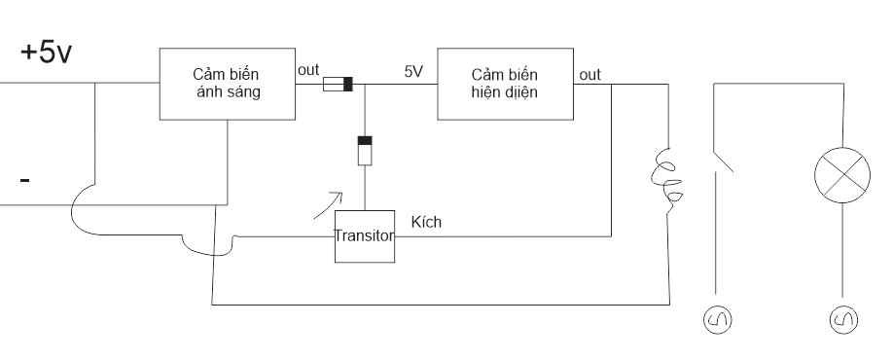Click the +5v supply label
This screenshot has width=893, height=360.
(x=46, y=53)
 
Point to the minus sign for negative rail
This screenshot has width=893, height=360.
(x=24, y=181)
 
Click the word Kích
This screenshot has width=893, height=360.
(x=426, y=222)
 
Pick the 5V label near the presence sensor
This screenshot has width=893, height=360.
(x=414, y=71)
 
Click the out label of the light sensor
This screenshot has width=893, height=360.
(x=308, y=70)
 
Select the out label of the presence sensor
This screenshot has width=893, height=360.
(x=590, y=75)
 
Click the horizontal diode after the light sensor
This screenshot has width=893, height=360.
(x=339, y=85)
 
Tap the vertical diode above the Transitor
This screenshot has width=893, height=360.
(x=365, y=151)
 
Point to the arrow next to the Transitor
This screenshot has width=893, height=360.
(x=328, y=205)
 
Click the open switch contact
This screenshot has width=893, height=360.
(x=724, y=161)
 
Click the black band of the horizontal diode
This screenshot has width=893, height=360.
(x=348, y=85)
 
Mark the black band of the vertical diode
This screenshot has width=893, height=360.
(x=365, y=141)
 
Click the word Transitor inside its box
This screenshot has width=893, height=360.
(x=365, y=235)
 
